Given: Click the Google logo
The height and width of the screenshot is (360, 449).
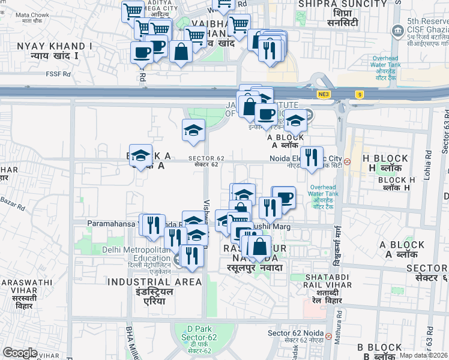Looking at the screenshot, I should [20, 353].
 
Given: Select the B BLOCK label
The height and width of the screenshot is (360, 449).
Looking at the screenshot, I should [379, 347].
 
